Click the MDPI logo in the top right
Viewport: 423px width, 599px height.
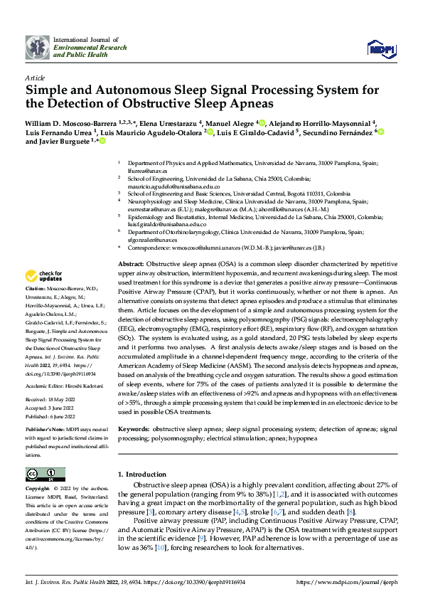[x=380, y=48]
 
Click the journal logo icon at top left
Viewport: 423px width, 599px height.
[x=37, y=47]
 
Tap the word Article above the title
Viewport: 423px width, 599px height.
[x=35, y=78]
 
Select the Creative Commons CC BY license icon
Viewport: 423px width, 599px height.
[x=45, y=475]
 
